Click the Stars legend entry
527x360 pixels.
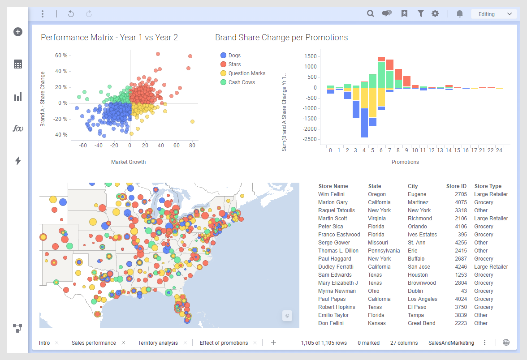(234, 64)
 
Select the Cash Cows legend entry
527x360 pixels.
(241, 82)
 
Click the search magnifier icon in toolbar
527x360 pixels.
(371, 14)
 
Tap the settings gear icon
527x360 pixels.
(435, 14)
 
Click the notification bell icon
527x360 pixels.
(459, 14)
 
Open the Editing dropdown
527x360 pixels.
(494, 14)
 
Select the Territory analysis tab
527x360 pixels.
(158, 343)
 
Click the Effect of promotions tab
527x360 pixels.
(224, 343)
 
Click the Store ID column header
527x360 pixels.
(456, 186)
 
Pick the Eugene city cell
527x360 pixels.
(417, 194)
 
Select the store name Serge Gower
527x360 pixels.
(334, 243)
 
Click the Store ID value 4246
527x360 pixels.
(461, 267)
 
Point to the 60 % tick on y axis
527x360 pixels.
(61, 56)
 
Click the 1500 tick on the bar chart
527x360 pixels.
(310, 56)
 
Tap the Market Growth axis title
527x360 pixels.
(128, 162)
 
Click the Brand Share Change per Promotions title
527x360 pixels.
(281, 38)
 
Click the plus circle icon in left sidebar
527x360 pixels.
(18, 32)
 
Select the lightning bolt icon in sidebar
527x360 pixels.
(18, 161)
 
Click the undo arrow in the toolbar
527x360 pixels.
(71, 14)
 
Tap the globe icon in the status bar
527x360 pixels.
(506, 343)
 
